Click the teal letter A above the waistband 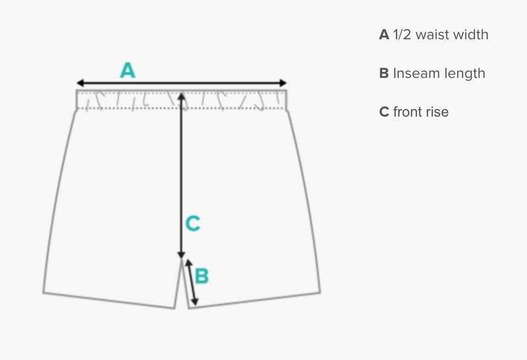coord(128,70)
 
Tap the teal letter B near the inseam coord(202,276)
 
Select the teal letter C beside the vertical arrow coord(193,224)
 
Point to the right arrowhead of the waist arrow coord(283,83)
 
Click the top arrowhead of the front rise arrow coord(182,96)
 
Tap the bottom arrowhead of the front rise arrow coord(182,255)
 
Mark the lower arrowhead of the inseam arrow coord(194,302)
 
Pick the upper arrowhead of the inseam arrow coord(188,263)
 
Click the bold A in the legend coord(384,35)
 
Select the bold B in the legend coord(384,73)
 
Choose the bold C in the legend coord(384,112)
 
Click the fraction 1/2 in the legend coord(402,35)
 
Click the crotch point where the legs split coord(182,259)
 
